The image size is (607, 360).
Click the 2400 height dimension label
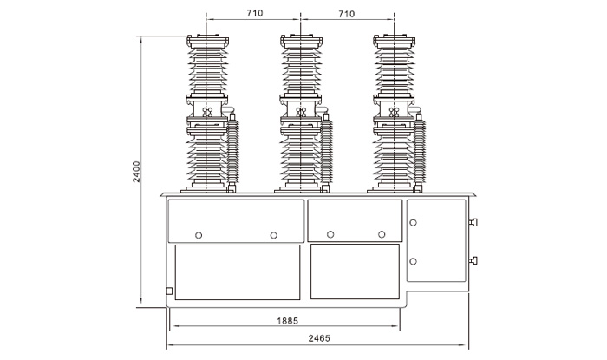click(x=136, y=172)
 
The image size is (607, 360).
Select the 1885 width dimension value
click(x=287, y=321)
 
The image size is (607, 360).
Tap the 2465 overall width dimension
click(x=319, y=338)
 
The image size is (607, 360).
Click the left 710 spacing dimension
click(x=254, y=13)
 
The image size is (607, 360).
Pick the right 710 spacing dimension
click(x=347, y=14)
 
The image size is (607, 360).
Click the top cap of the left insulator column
click(x=207, y=41)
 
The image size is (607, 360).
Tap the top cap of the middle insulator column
click(x=301, y=41)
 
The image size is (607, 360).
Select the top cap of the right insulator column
click(x=395, y=41)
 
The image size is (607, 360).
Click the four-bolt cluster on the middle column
click(x=301, y=112)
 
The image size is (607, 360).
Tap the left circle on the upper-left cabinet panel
click(x=199, y=235)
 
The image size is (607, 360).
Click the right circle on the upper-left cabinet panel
click(x=274, y=235)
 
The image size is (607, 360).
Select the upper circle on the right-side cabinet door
click(x=413, y=223)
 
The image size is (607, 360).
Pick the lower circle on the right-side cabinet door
click(x=413, y=261)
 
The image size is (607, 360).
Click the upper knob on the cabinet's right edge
click(x=473, y=222)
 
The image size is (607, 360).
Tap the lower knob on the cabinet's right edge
click(x=473, y=260)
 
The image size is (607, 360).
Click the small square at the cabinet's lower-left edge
click(x=169, y=291)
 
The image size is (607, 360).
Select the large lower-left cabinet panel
click(x=238, y=272)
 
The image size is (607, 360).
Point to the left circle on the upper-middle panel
click(x=330, y=234)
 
